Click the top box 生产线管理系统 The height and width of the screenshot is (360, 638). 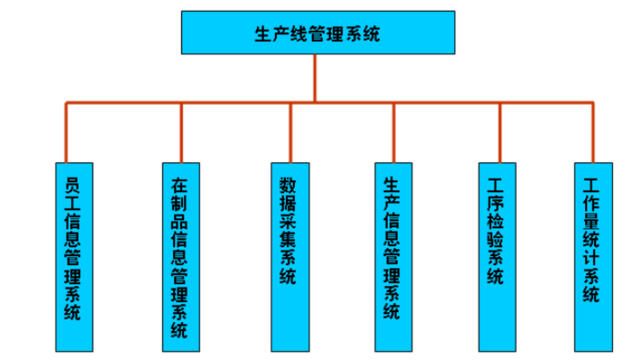318,33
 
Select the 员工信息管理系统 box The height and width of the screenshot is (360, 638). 74,257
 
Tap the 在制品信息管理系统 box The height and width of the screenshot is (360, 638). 181,257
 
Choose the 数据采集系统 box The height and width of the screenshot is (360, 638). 290,257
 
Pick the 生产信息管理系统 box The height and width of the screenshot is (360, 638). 393,257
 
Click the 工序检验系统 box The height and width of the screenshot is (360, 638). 497,257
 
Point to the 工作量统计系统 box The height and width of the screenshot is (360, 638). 593,257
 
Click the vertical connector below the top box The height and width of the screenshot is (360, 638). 315,78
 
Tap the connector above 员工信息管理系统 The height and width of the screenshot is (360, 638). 67,132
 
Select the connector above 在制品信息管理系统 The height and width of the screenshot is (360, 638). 181,132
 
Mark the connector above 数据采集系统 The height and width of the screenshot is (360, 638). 290,132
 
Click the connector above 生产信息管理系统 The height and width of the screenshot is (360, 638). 394,132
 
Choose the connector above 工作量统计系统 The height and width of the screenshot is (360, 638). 593,132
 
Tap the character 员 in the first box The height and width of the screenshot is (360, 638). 73,185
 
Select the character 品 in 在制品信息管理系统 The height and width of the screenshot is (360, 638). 180,221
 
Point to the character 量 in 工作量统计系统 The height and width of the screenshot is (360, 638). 591,221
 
